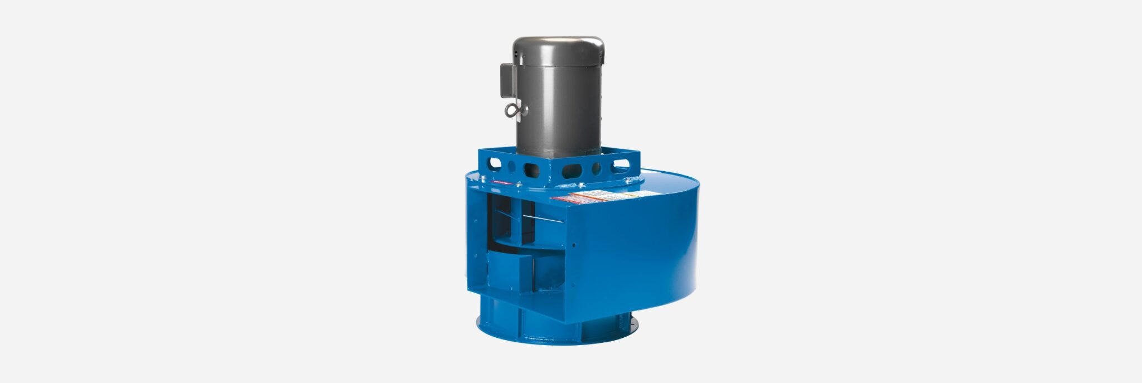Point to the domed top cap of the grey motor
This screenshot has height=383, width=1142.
(x=558, y=45)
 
